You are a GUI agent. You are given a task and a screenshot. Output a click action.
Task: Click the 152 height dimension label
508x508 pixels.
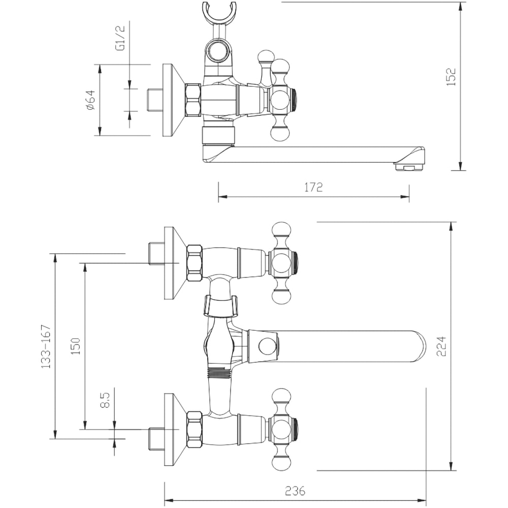pos(451,77)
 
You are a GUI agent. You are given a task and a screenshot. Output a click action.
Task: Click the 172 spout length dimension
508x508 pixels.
pos(313,187)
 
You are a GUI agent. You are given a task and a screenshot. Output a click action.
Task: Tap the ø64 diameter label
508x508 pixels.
pos(91,100)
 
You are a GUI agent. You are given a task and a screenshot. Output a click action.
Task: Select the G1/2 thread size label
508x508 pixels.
pos(120,38)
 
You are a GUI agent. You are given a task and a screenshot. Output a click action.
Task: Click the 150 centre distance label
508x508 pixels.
pos(76,345)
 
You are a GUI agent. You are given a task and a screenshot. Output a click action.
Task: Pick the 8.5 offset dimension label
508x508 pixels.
pos(105,400)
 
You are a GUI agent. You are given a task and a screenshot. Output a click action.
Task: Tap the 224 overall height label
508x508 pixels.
pos(441,346)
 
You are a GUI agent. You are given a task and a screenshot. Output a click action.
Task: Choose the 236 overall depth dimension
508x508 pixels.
pos(295,491)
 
